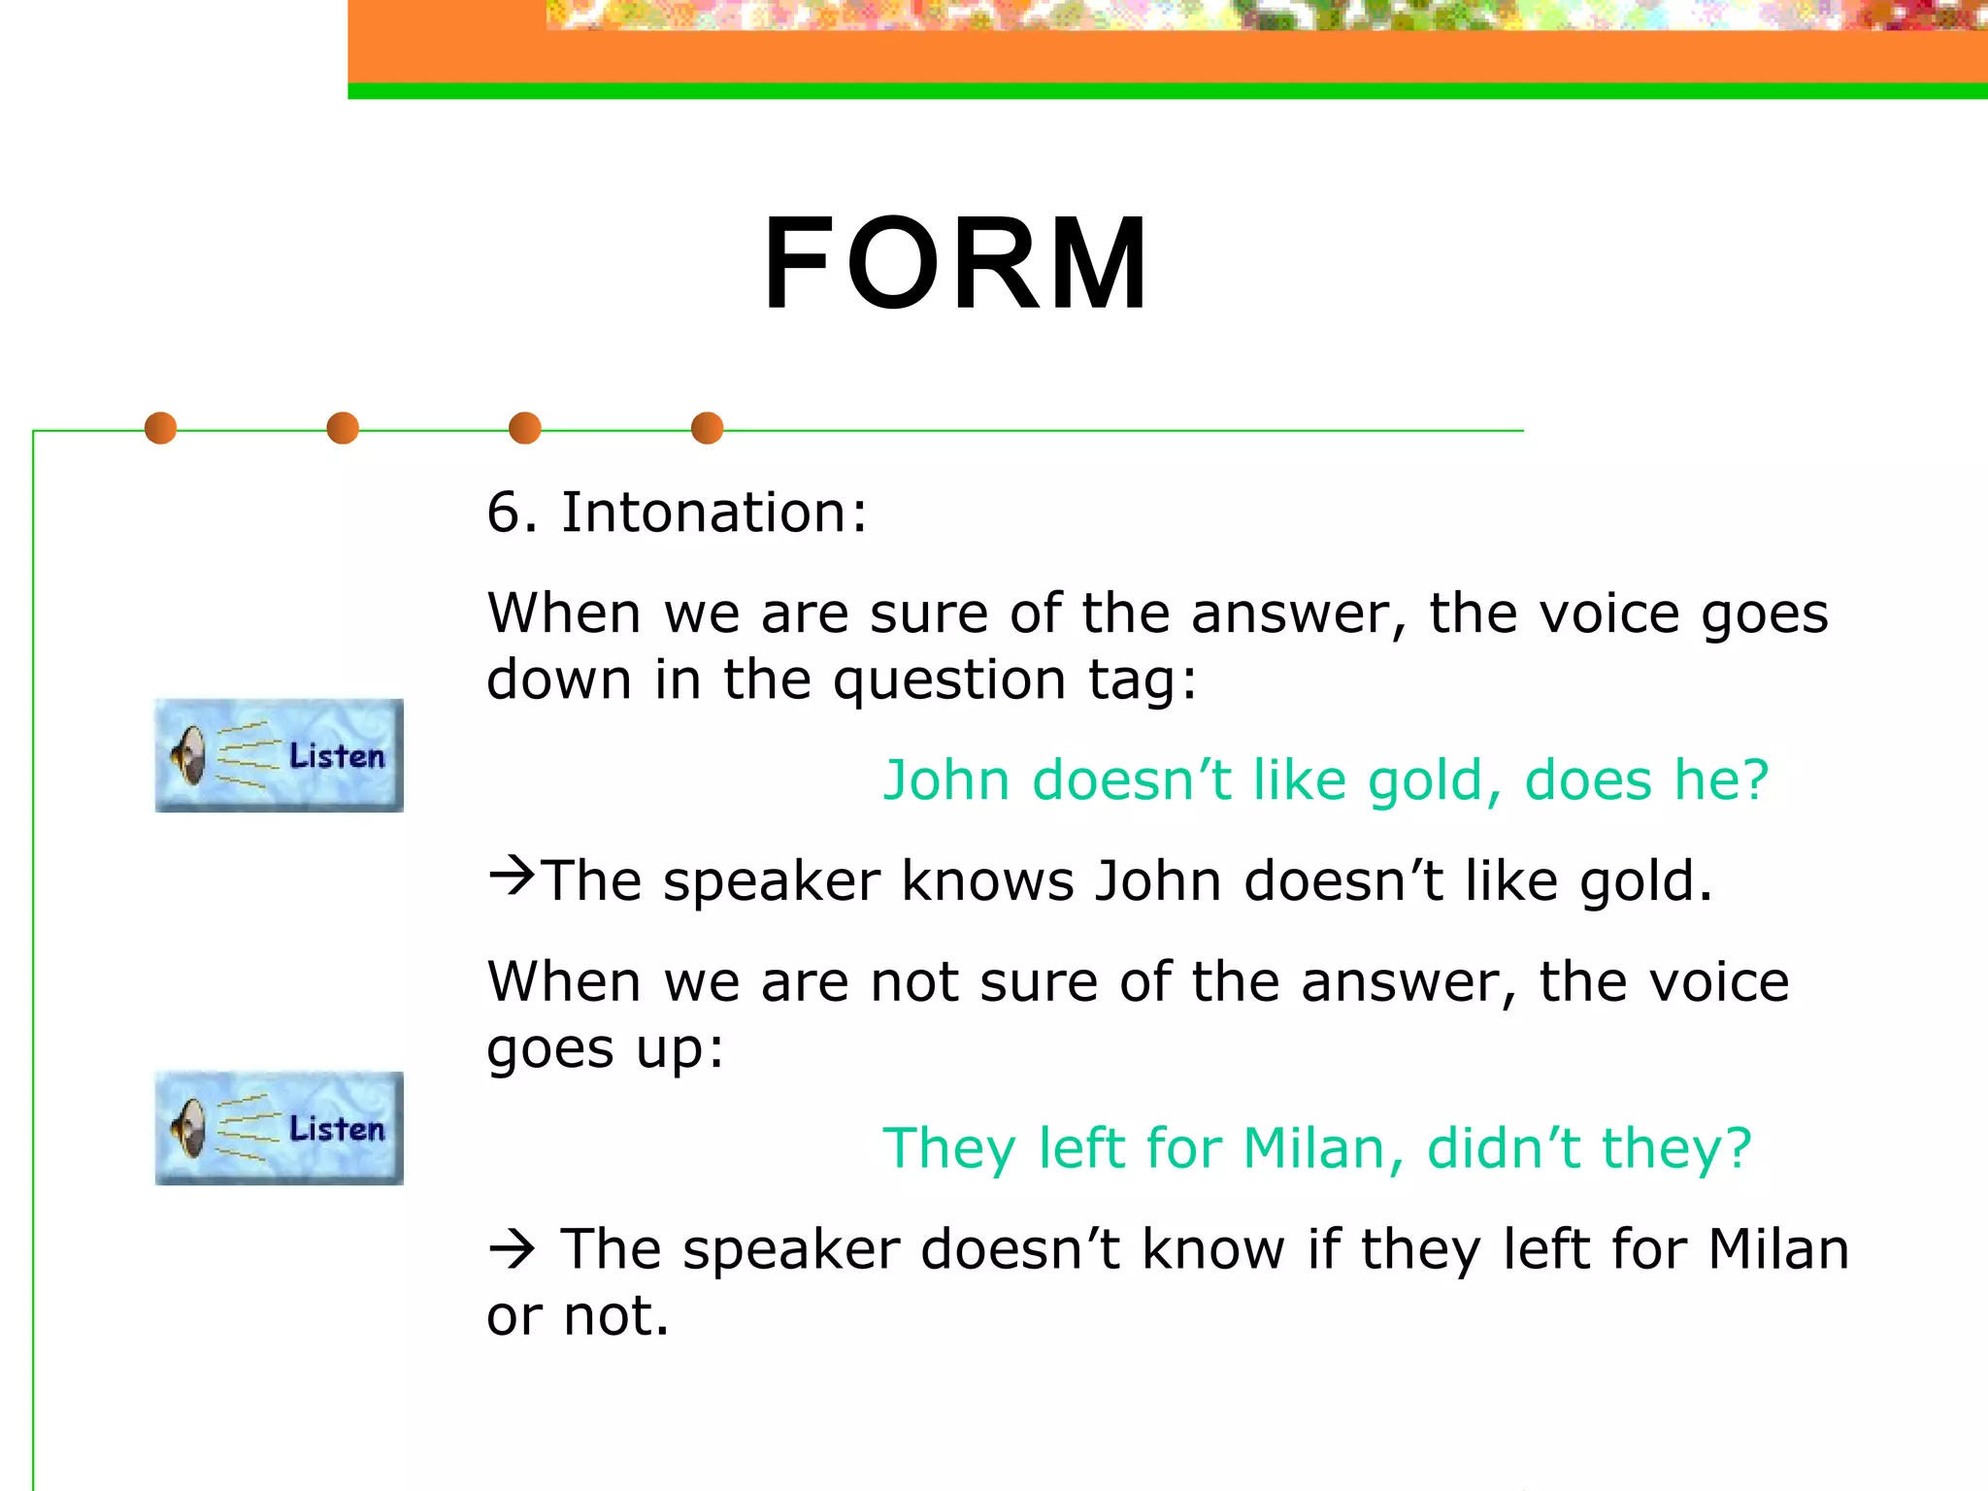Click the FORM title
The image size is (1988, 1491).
point(956,264)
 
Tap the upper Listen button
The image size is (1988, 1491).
point(280,755)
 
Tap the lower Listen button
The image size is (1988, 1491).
point(280,1128)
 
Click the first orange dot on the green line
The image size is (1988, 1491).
point(160,428)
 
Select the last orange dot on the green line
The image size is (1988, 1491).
point(707,428)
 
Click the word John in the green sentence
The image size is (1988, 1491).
point(945,780)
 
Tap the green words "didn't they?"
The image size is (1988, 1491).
point(1589,1148)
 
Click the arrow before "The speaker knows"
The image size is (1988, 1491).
point(511,877)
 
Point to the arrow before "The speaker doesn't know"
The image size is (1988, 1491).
point(512,1249)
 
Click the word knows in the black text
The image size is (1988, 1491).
point(987,881)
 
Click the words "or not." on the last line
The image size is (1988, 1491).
point(578,1316)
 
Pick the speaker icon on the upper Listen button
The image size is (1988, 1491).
point(189,756)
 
